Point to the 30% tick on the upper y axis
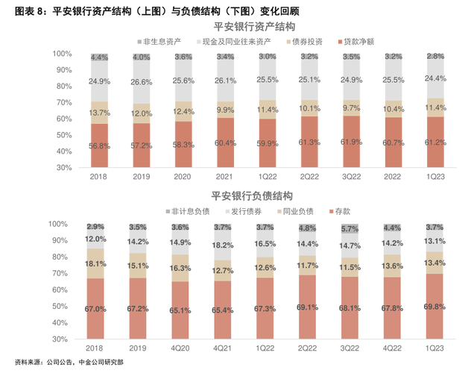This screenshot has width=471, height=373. (62, 168)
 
